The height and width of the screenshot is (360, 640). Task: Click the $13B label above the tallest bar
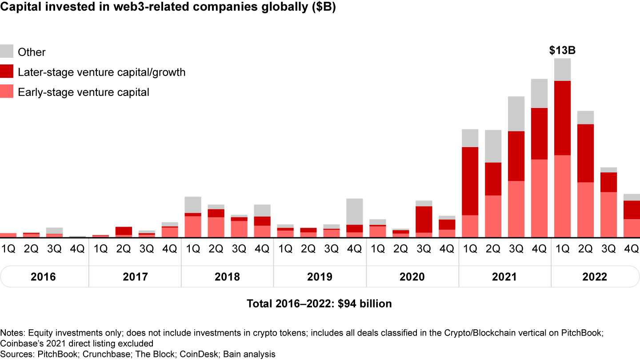pyautogui.click(x=562, y=51)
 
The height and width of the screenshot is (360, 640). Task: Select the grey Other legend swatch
pyautogui.click(x=7, y=51)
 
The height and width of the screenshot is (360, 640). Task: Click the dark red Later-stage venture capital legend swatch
pyautogui.click(x=7, y=72)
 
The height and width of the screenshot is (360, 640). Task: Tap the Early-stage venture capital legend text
pyautogui.click(x=84, y=92)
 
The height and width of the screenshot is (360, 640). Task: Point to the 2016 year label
pyautogui.click(x=43, y=277)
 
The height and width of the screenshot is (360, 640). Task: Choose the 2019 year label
pyautogui.click(x=320, y=277)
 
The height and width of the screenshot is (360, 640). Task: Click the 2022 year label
pyautogui.click(x=594, y=277)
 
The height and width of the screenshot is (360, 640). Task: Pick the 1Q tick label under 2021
pyautogui.click(x=470, y=249)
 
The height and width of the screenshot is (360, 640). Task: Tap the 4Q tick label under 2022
pyautogui.click(x=631, y=249)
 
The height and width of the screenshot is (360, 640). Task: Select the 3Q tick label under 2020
pyautogui.click(x=424, y=249)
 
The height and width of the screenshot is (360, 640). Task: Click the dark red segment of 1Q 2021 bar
pyautogui.click(x=470, y=181)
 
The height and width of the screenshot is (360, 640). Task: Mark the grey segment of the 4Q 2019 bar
pyautogui.click(x=355, y=212)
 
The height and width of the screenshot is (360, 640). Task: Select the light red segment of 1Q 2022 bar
pyautogui.click(x=562, y=196)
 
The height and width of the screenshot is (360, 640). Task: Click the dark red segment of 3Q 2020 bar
pyautogui.click(x=424, y=219)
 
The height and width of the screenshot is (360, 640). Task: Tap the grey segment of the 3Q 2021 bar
pyautogui.click(x=516, y=114)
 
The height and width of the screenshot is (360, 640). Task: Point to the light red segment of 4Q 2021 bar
pyautogui.click(x=540, y=198)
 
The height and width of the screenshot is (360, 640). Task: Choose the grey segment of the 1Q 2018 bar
pyautogui.click(x=193, y=204)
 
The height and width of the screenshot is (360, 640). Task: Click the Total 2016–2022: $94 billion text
pyautogui.click(x=320, y=304)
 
